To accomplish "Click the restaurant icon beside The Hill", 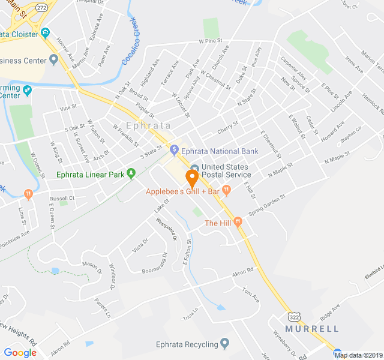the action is [238, 222].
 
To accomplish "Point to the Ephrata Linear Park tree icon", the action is [131, 175].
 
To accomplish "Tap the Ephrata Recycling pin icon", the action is [225, 344].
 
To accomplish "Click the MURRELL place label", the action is [312, 329].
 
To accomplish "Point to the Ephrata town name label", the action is [148, 126].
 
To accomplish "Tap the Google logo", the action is [20, 353].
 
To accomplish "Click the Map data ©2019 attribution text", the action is [358, 355].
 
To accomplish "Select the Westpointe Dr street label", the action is [166, 229].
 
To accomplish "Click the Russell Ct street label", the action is [62, 198].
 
